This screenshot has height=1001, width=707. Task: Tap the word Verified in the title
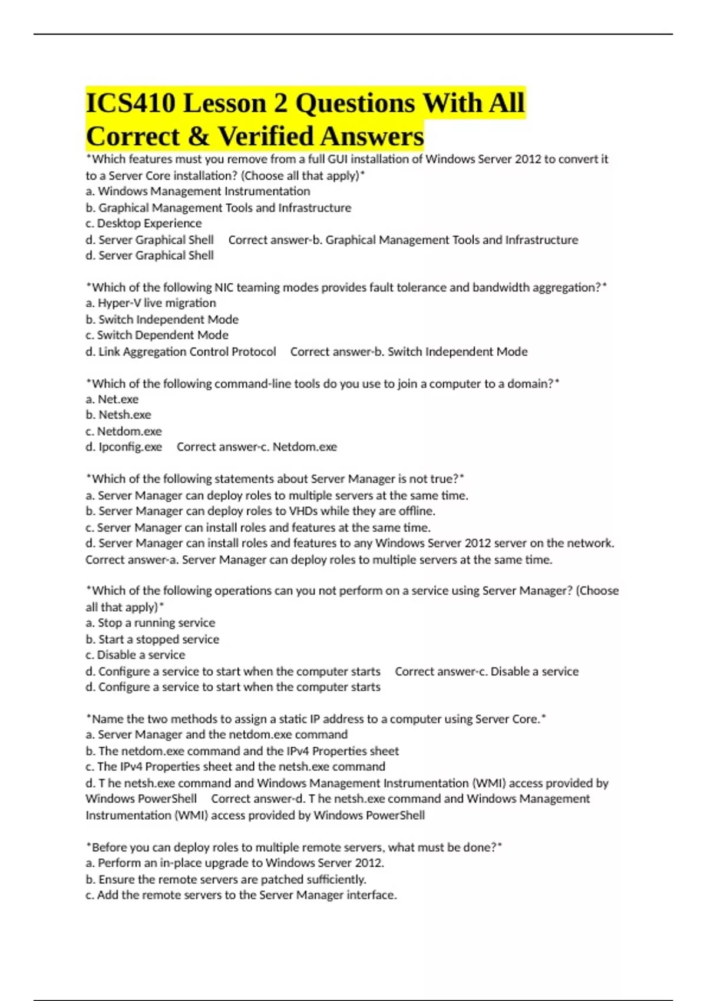pos(269,137)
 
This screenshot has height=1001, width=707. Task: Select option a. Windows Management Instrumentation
pos(198,191)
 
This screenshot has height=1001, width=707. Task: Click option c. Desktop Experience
pos(144,224)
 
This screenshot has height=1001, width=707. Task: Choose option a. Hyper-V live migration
pos(151,303)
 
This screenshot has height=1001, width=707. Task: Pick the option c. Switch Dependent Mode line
pos(157,335)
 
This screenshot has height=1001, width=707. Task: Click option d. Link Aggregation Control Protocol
pos(181,352)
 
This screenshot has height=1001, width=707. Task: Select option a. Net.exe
pos(112,399)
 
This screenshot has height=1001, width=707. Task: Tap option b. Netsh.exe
pos(118,415)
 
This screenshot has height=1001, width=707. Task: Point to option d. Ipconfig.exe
pos(124,447)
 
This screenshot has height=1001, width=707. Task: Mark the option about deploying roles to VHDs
pos(260,511)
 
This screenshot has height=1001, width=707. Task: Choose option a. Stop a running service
pos(150,623)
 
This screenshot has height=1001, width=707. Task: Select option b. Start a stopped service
pos(153,639)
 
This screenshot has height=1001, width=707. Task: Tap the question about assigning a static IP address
pos(316,719)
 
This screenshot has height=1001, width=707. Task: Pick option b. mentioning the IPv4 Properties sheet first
pos(242,751)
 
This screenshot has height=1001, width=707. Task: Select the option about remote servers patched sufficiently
pos(226,880)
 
